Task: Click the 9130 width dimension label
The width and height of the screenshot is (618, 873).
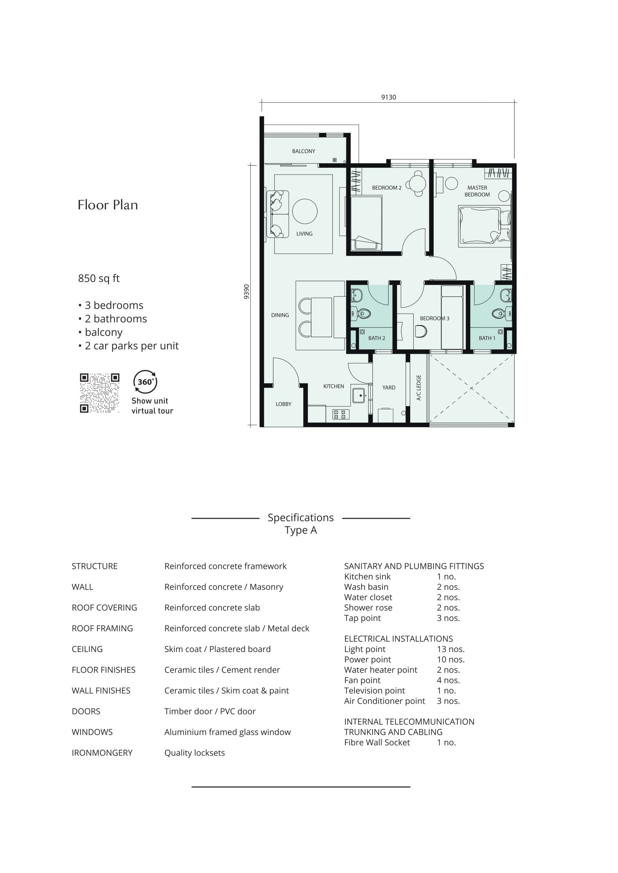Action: pos(389,97)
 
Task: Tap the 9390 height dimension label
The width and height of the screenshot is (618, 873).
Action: pos(247,292)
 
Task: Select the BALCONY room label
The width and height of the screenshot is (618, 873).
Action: pos(304,151)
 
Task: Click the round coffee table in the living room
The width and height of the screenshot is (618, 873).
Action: pos(305,211)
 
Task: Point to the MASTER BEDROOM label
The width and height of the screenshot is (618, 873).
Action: pos(477,191)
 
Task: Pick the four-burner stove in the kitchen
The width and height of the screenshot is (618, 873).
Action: pos(341,414)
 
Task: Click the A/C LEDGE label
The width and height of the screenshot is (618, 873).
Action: pos(419,387)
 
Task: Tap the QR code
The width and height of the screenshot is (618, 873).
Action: pos(100,393)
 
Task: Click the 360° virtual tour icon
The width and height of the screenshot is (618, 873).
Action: pos(145,382)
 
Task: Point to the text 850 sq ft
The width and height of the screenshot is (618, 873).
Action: pos(99,279)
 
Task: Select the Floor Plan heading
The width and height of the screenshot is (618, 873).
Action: pos(108,205)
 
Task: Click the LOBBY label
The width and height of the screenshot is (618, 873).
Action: pos(284,404)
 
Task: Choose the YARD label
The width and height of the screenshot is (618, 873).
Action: pos(389,387)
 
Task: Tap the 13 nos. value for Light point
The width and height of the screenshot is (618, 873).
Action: pos(450,649)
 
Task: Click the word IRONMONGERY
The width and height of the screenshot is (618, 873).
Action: pos(102,753)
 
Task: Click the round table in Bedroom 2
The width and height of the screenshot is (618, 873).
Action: pos(418,184)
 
